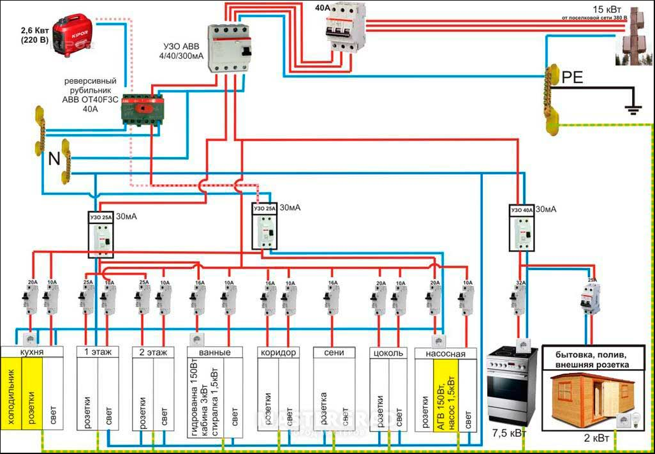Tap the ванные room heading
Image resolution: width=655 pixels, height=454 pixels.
pyautogui.click(x=216, y=352)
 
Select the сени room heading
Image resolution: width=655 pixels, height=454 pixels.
pyautogui.click(x=335, y=352)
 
